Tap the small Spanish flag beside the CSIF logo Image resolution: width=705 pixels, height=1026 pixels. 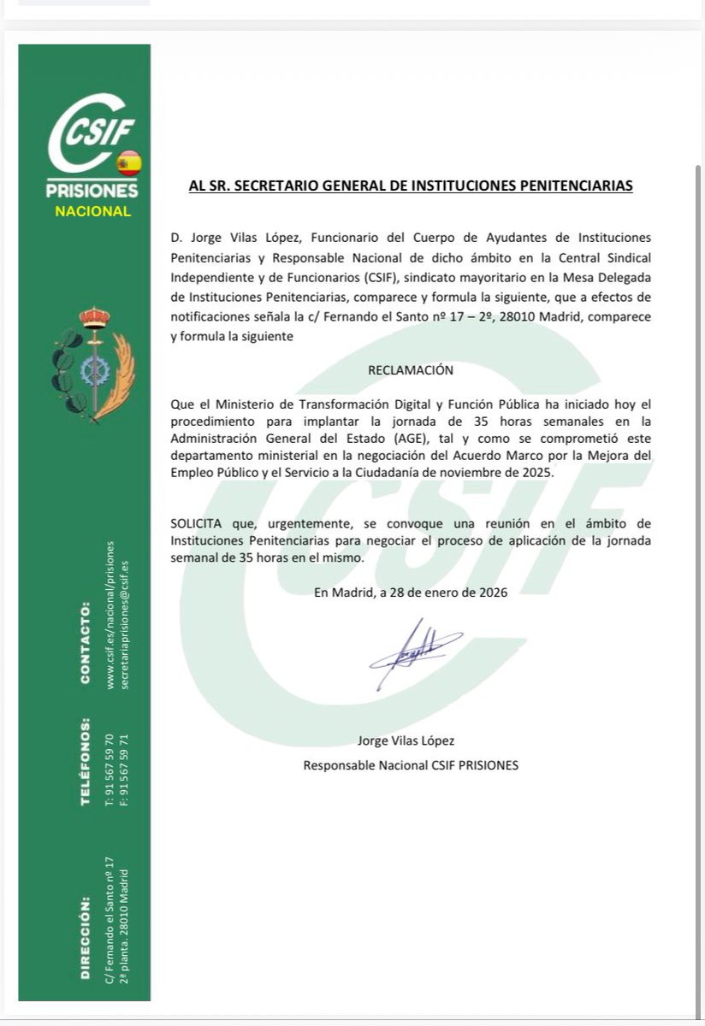127,162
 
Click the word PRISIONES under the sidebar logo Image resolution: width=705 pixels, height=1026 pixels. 92,190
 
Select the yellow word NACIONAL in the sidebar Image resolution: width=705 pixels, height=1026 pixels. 92,211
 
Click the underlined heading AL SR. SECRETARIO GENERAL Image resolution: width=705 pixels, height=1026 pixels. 411,186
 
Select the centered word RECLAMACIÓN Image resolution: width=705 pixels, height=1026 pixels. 411,370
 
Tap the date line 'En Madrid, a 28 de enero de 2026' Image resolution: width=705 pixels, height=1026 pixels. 411,593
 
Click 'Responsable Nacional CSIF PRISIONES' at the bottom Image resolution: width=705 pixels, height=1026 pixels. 411,765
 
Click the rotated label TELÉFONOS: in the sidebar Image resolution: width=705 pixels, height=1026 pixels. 85,761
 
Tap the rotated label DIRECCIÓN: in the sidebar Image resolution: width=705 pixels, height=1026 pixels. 85,937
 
